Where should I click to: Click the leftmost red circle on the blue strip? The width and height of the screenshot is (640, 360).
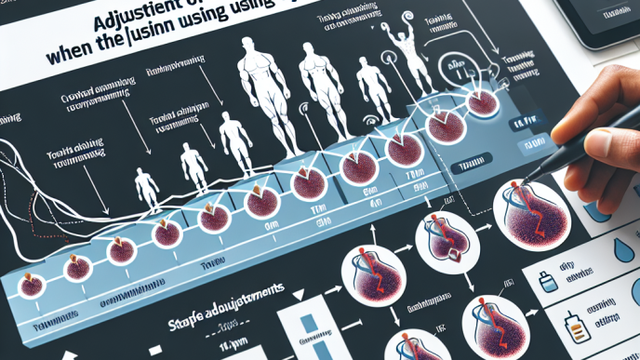pos(30,284)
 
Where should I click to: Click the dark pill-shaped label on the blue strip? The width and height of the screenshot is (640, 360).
pos(462,167)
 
